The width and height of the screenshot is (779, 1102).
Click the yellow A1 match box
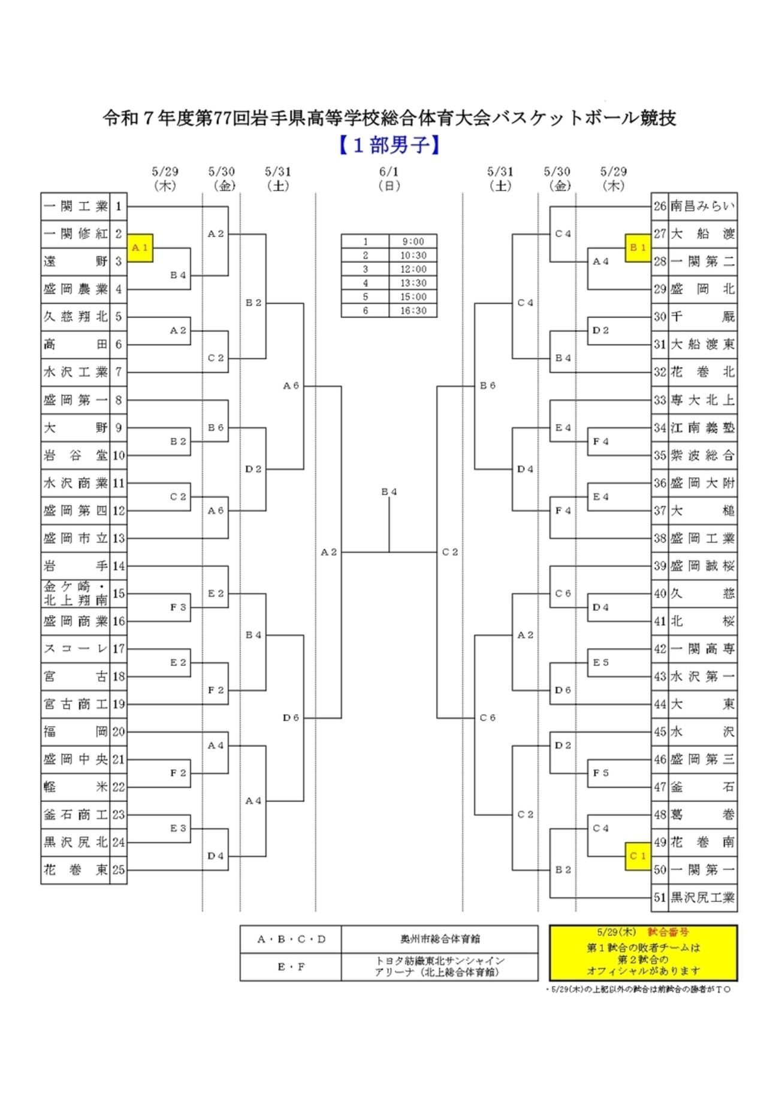click(x=140, y=248)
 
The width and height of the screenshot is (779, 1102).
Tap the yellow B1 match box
click(x=638, y=248)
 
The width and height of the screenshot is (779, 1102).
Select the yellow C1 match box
click(x=638, y=856)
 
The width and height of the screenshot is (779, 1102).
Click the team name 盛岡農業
click(x=76, y=289)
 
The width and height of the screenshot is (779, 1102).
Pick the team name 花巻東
click(x=76, y=870)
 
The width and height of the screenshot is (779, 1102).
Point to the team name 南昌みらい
click(x=702, y=207)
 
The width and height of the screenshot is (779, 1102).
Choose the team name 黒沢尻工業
click(x=702, y=897)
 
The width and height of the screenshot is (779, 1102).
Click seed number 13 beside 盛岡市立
click(x=119, y=538)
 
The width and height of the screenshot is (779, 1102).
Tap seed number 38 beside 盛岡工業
click(x=660, y=538)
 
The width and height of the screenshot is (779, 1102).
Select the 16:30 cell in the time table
click(x=413, y=311)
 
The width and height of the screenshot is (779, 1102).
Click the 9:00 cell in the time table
click(x=413, y=241)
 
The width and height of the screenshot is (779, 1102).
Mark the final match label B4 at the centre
click(x=389, y=492)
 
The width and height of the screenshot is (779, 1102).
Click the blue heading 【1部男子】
click(x=389, y=146)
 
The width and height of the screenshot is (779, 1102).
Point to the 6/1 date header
click(x=389, y=172)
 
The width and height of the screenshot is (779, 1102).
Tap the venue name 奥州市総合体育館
click(x=440, y=939)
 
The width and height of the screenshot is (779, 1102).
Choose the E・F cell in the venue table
click(x=291, y=967)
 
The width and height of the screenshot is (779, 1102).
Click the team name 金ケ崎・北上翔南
click(x=76, y=594)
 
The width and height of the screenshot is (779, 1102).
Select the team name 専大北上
click(x=702, y=400)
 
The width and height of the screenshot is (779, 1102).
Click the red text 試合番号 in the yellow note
click(x=668, y=933)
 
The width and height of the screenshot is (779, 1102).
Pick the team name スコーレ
click(x=76, y=649)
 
